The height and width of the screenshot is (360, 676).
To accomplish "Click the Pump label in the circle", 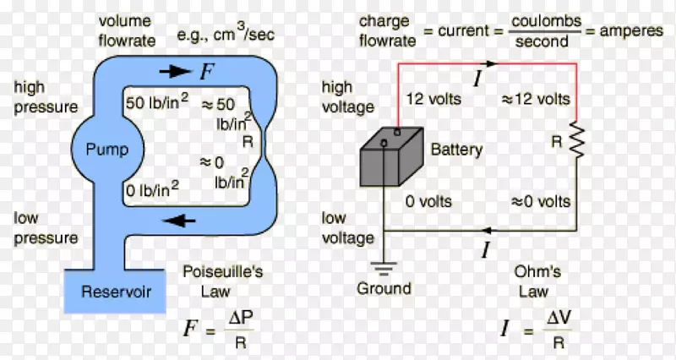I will (107, 150).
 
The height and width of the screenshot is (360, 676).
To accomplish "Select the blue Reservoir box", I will (116, 292).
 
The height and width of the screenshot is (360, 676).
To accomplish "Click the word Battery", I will (456, 150).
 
